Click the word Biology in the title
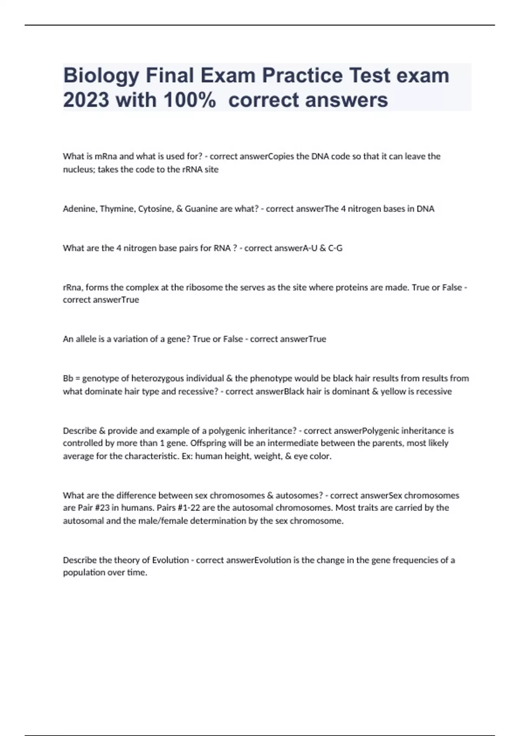click(101, 76)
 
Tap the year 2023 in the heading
click(86, 100)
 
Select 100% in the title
click(190, 100)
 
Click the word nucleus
click(79, 170)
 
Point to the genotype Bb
click(68, 378)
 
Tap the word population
click(84, 572)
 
